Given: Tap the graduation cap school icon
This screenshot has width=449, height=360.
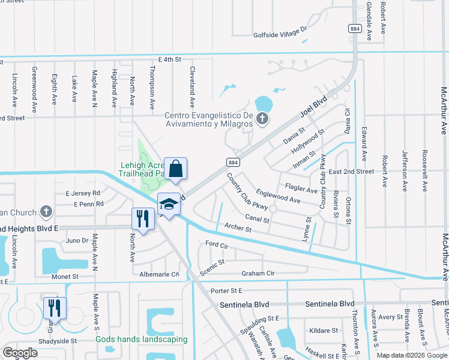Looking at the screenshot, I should point(169,205).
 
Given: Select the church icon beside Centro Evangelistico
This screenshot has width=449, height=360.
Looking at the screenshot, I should point(262,119).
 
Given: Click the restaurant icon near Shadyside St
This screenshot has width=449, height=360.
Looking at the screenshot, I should point(54,308).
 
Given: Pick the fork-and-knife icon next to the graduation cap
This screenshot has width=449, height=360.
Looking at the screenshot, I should point(143,218).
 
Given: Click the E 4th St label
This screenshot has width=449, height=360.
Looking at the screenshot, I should point(169,60).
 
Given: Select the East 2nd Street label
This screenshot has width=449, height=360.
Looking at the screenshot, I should point(351,172).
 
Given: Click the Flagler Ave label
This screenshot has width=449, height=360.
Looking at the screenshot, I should point(301,190).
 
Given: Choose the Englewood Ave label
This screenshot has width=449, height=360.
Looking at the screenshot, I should point(278,196).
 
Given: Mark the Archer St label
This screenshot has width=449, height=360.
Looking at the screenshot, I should point(237,227).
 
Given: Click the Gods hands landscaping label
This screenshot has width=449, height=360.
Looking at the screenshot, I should point(142,339).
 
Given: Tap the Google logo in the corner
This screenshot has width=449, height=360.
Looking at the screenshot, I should point(20,353).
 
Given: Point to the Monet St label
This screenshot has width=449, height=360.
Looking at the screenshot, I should point(66,277).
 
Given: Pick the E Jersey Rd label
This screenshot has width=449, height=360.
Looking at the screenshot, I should point(82,193).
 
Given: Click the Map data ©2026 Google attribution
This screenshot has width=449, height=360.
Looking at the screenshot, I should point(411,355).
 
